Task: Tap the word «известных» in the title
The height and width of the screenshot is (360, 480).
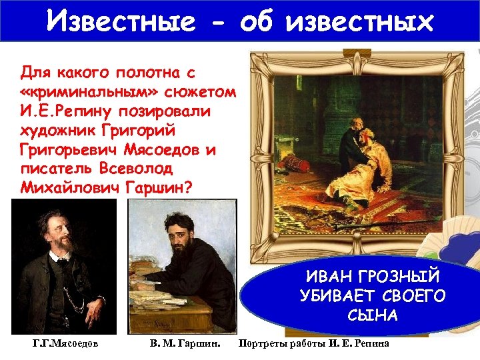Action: pyautogui.click(x=359, y=22)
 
